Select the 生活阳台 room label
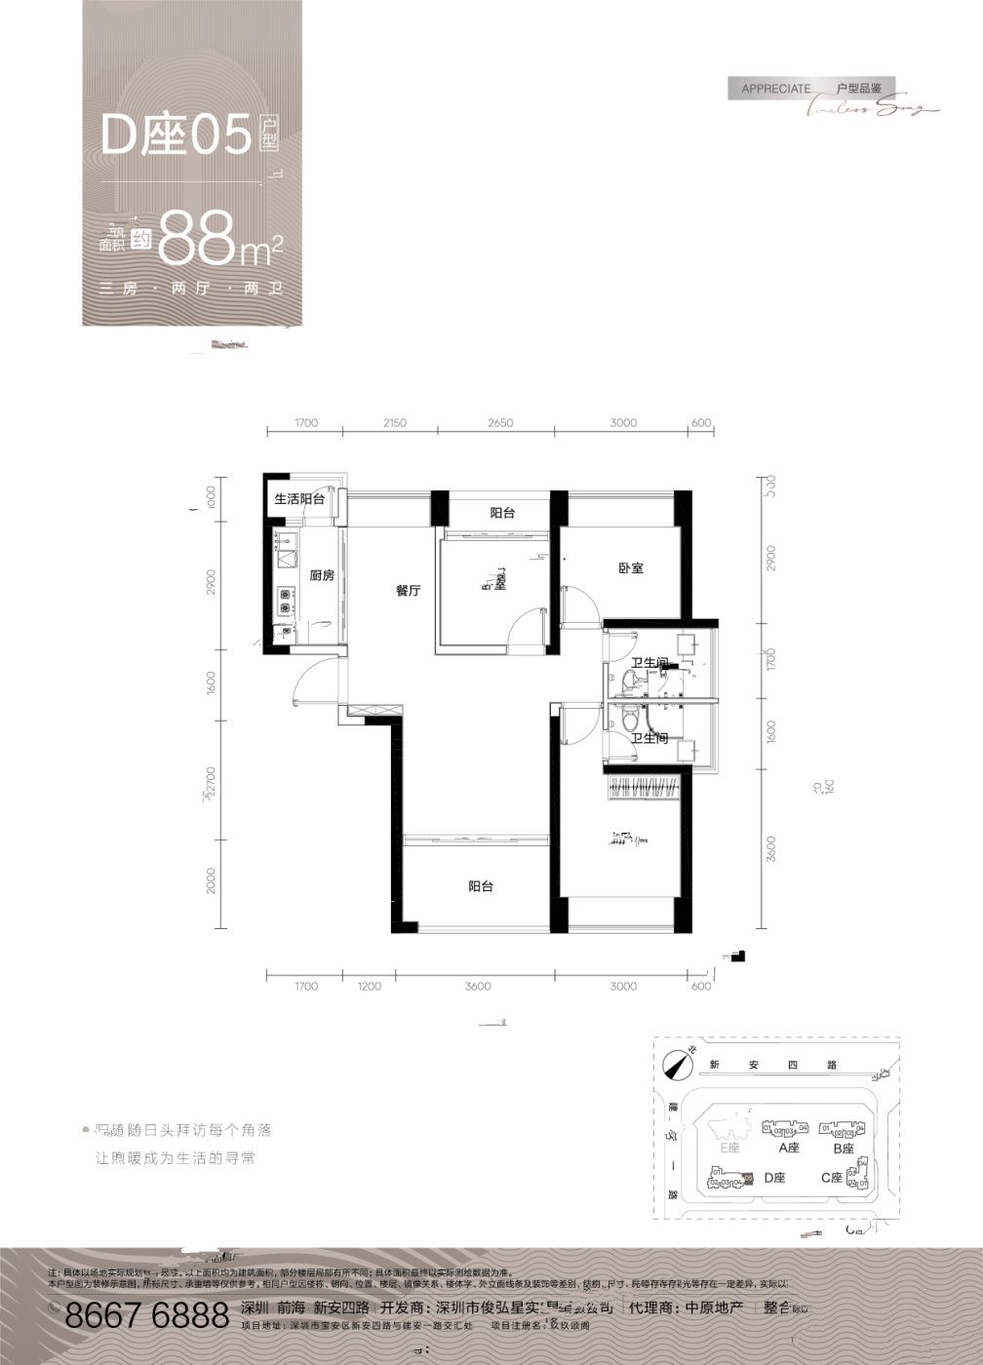click(x=299, y=499)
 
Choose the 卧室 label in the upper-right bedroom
click(x=631, y=567)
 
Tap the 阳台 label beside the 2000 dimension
click(x=480, y=886)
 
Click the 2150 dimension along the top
click(x=395, y=423)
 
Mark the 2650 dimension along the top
click(x=499, y=423)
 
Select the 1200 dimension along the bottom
click(x=370, y=987)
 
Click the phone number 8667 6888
click(x=146, y=1317)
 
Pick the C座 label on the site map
click(x=831, y=1178)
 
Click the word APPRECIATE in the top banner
click(x=775, y=89)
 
